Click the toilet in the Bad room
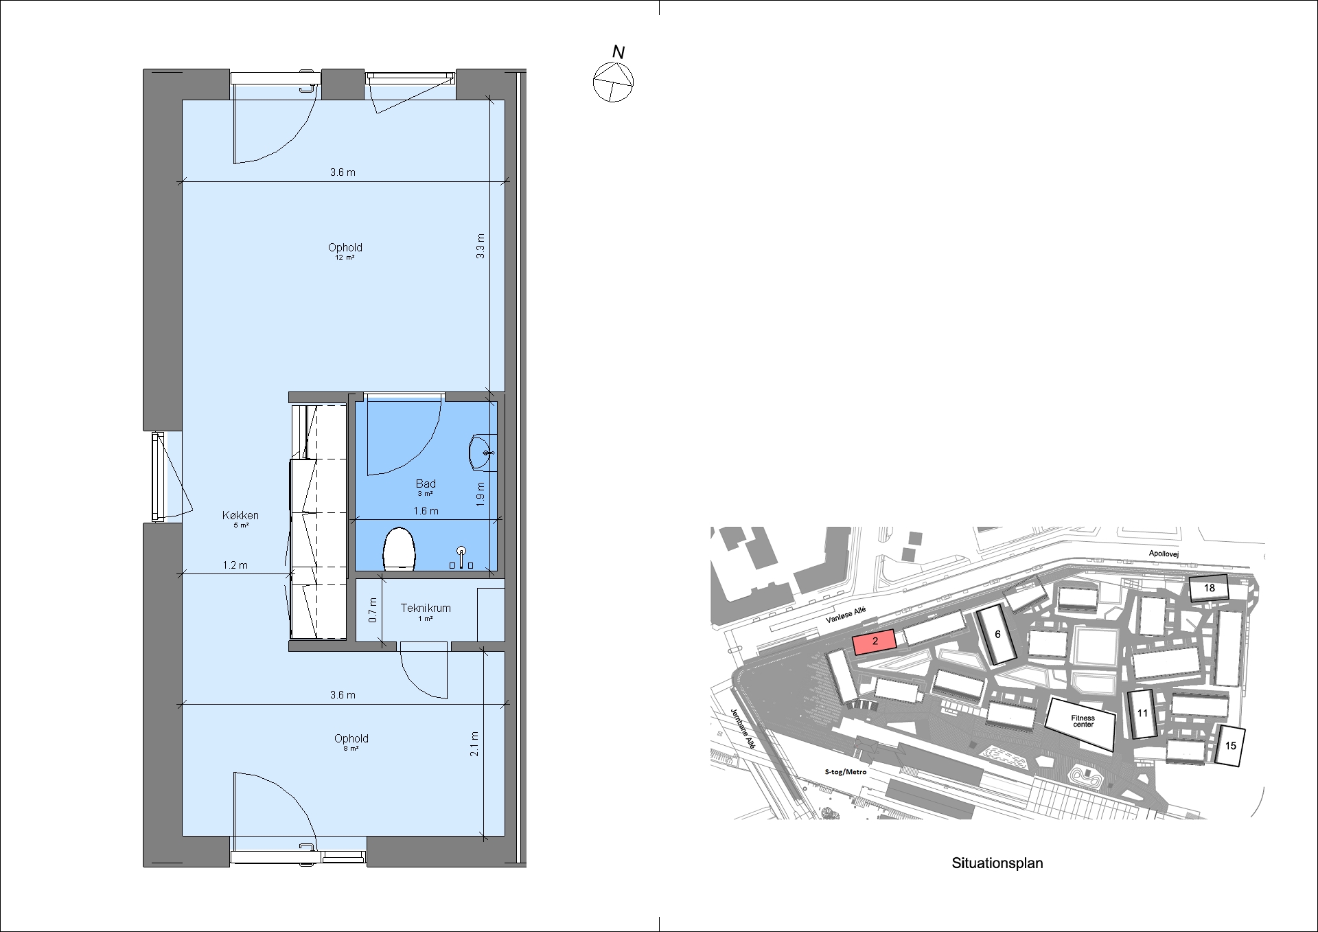400,549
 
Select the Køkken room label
240,515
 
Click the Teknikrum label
426,608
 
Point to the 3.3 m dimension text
481,246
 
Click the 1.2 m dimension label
235,565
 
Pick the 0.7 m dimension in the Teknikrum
373,610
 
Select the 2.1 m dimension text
474,744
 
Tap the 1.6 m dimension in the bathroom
426,511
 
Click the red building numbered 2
875,641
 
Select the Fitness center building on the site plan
1080,723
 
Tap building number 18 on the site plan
1209,588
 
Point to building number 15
1230,746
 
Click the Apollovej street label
1164,554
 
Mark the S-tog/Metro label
846,772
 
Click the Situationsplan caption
997,863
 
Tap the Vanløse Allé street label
846,615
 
